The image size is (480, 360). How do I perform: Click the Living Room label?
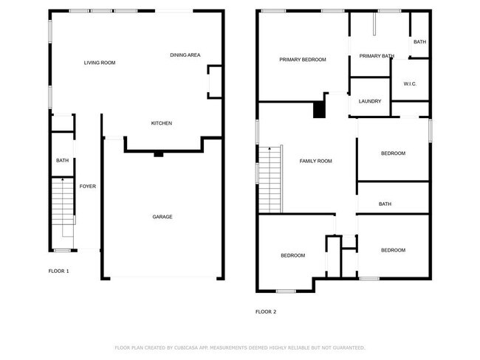(x=99, y=63)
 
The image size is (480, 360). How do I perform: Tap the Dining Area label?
(x=185, y=55)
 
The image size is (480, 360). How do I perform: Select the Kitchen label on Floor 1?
(x=162, y=123)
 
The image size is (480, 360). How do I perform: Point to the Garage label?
(x=162, y=216)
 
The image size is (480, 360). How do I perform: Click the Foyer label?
(x=88, y=187)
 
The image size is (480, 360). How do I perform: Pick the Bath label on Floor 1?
(x=62, y=160)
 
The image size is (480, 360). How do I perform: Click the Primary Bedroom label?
(x=302, y=60)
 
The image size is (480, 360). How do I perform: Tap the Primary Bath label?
(x=376, y=56)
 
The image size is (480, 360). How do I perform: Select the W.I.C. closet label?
(x=410, y=84)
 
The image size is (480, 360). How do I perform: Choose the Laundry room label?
(x=369, y=101)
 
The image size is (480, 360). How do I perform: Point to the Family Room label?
(x=315, y=161)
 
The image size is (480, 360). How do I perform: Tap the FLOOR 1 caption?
(x=58, y=271)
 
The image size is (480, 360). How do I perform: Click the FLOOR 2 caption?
(x=265, y=311)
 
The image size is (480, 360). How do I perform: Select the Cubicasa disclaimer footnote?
(x=239, y=347)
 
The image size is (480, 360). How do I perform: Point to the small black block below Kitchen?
(x=158, y=154)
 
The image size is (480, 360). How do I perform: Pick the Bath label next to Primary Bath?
(x=419, y=42)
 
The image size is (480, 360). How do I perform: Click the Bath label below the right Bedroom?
(x=385, y=204)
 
